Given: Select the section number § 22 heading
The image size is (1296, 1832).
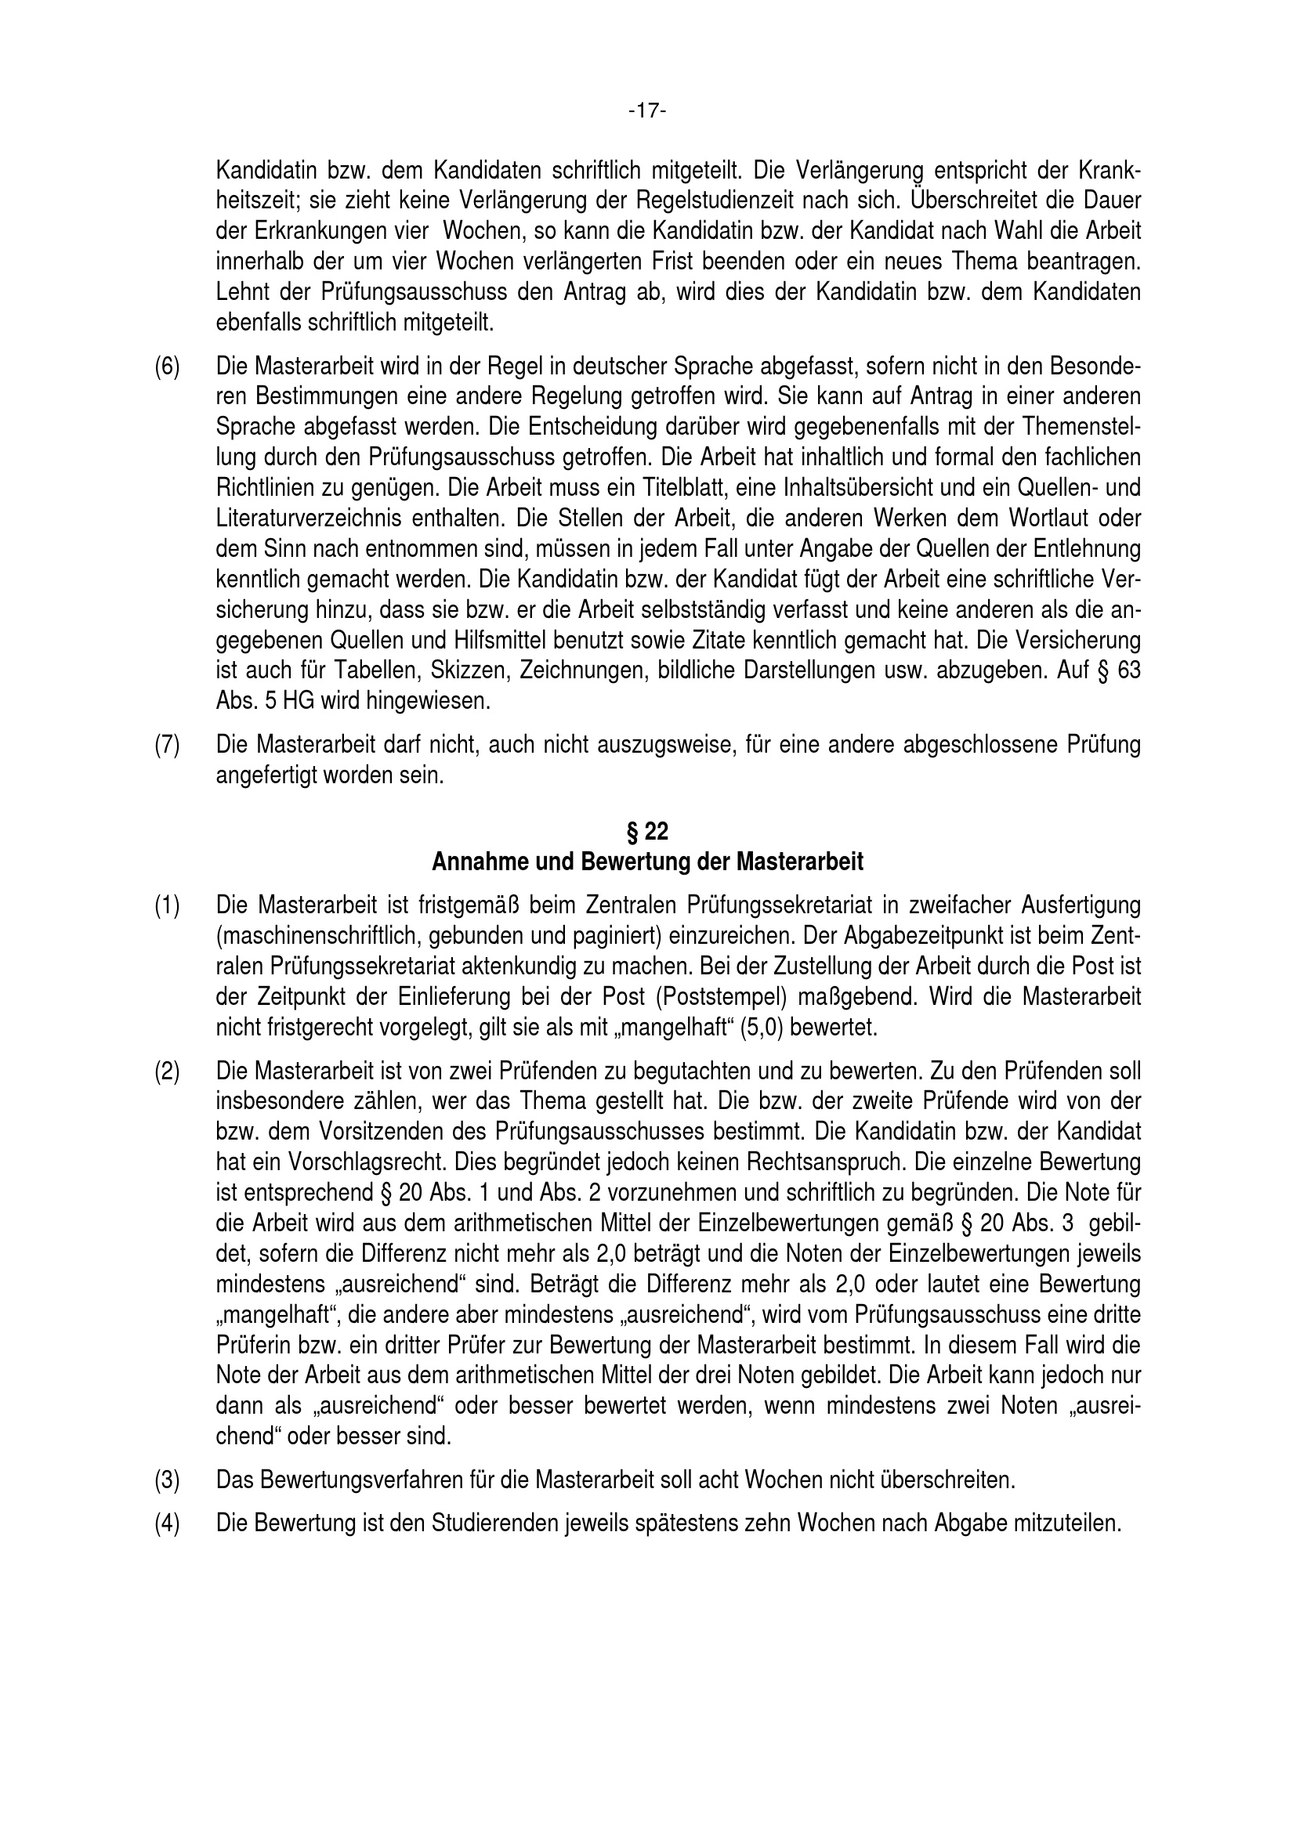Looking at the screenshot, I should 647,833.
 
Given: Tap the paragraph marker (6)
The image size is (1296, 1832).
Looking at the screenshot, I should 167,367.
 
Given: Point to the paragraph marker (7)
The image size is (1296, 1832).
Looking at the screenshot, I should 167,745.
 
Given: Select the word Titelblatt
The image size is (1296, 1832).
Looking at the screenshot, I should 684,488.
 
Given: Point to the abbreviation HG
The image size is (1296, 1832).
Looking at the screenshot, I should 290,701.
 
